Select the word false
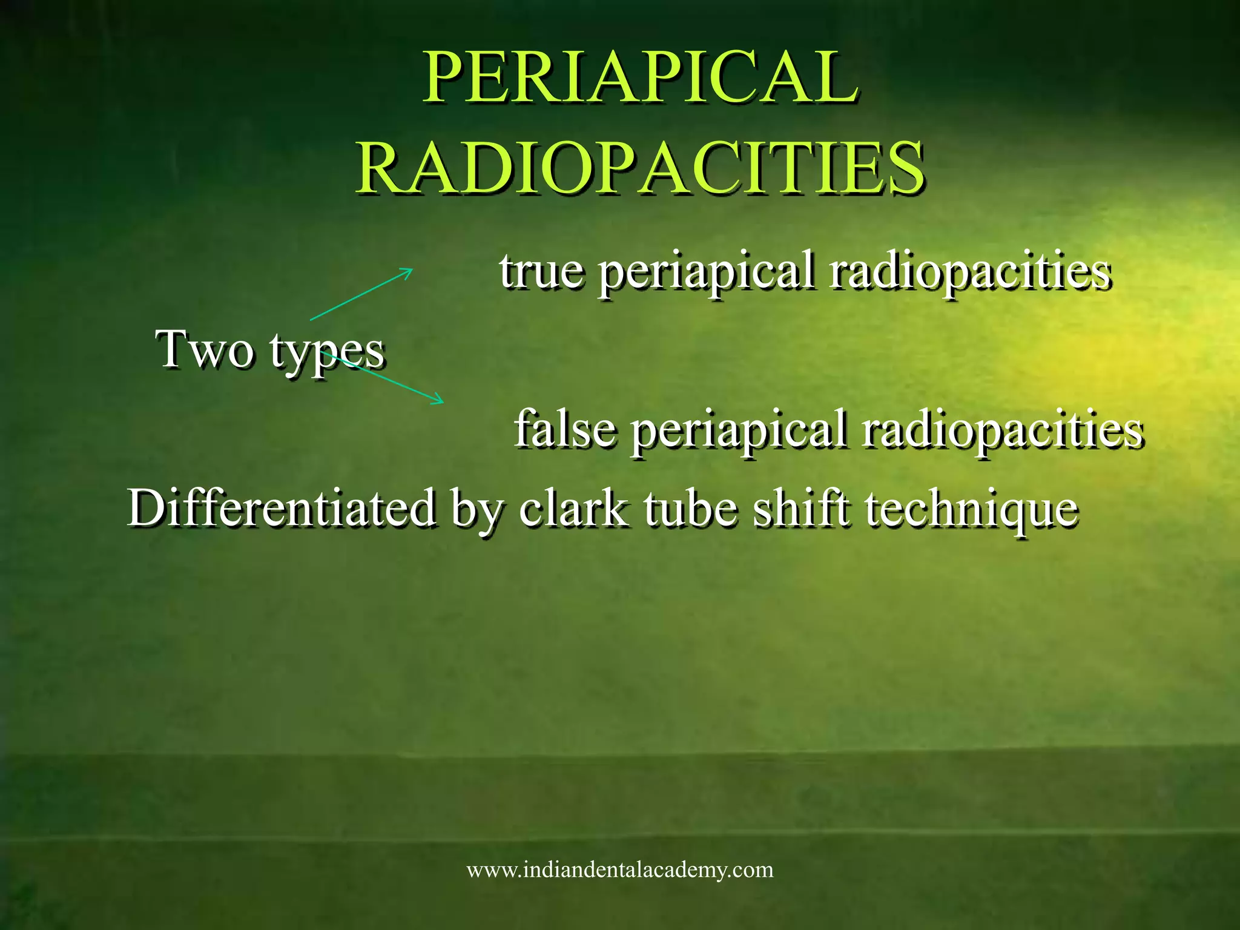click(x=564, y=429)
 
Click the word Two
click(x=205, y=350)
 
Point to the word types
click(x=327, y=352)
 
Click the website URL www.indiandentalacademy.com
click(x=620, y=870)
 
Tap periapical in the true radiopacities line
click(x=706, y=274)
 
